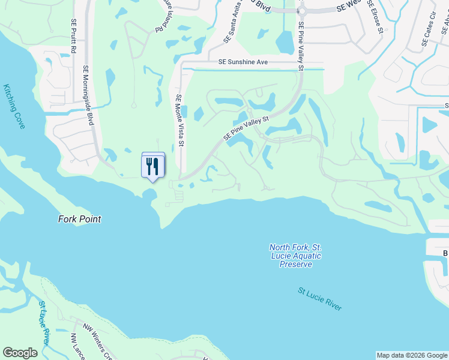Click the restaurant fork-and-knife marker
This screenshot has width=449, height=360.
pos(152,166)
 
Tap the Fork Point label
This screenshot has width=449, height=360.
pos(79,219)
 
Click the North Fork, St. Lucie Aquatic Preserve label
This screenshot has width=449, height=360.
pos(295,256)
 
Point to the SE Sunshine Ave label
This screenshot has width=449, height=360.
pos(243,62)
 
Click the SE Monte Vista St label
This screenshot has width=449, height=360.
pos(179,120)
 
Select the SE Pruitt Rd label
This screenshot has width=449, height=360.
pos(73,37)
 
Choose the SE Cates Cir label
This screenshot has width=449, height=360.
pos(429,34)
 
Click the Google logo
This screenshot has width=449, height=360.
pos(20,353)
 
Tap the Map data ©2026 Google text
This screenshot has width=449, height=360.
pos(412,355)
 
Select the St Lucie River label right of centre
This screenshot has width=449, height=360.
pos(320,299)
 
